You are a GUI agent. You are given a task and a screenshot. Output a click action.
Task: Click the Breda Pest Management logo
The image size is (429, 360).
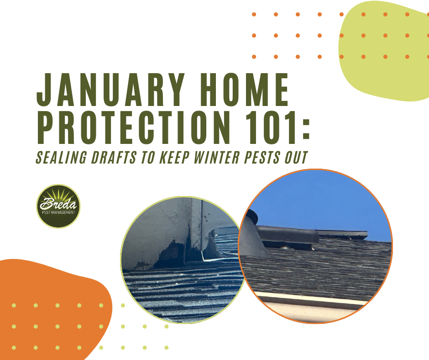pos(58,206)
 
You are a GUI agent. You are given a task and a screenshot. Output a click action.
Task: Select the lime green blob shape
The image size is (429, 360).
pos(383,50)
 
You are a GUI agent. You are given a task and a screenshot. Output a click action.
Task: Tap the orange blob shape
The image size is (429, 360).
pos(55,292)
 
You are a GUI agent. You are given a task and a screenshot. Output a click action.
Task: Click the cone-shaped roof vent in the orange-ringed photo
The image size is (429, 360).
pos(252,238)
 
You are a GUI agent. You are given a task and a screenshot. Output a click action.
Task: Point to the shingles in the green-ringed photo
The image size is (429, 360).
pos(183,292)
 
